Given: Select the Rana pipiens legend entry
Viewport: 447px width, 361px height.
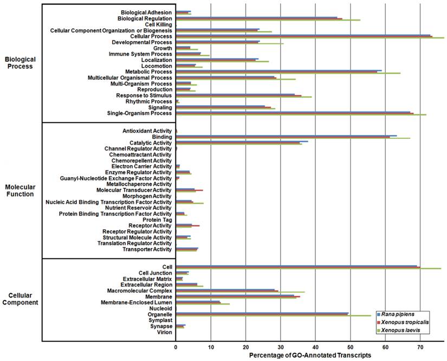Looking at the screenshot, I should (x=403, y=315).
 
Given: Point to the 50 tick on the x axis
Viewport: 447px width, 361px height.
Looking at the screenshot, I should (x=350, y=346).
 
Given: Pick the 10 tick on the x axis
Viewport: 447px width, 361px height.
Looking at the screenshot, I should (x=211, y=346).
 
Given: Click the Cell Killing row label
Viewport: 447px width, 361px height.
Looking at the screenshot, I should (x=158, y=24).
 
